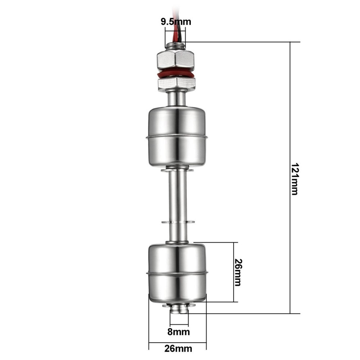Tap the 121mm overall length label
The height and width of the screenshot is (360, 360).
click(294, 179)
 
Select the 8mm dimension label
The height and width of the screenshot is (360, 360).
click(178, 332)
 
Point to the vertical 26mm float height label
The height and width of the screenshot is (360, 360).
click(238, 272)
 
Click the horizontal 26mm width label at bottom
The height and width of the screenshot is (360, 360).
click(177, 348)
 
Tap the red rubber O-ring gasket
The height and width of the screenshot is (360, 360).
click(176, 75)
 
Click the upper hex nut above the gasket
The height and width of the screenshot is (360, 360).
click(176, 60)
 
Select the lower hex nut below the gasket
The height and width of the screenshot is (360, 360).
click(176, 84)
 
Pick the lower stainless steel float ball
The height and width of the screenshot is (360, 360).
click(177, 272)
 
